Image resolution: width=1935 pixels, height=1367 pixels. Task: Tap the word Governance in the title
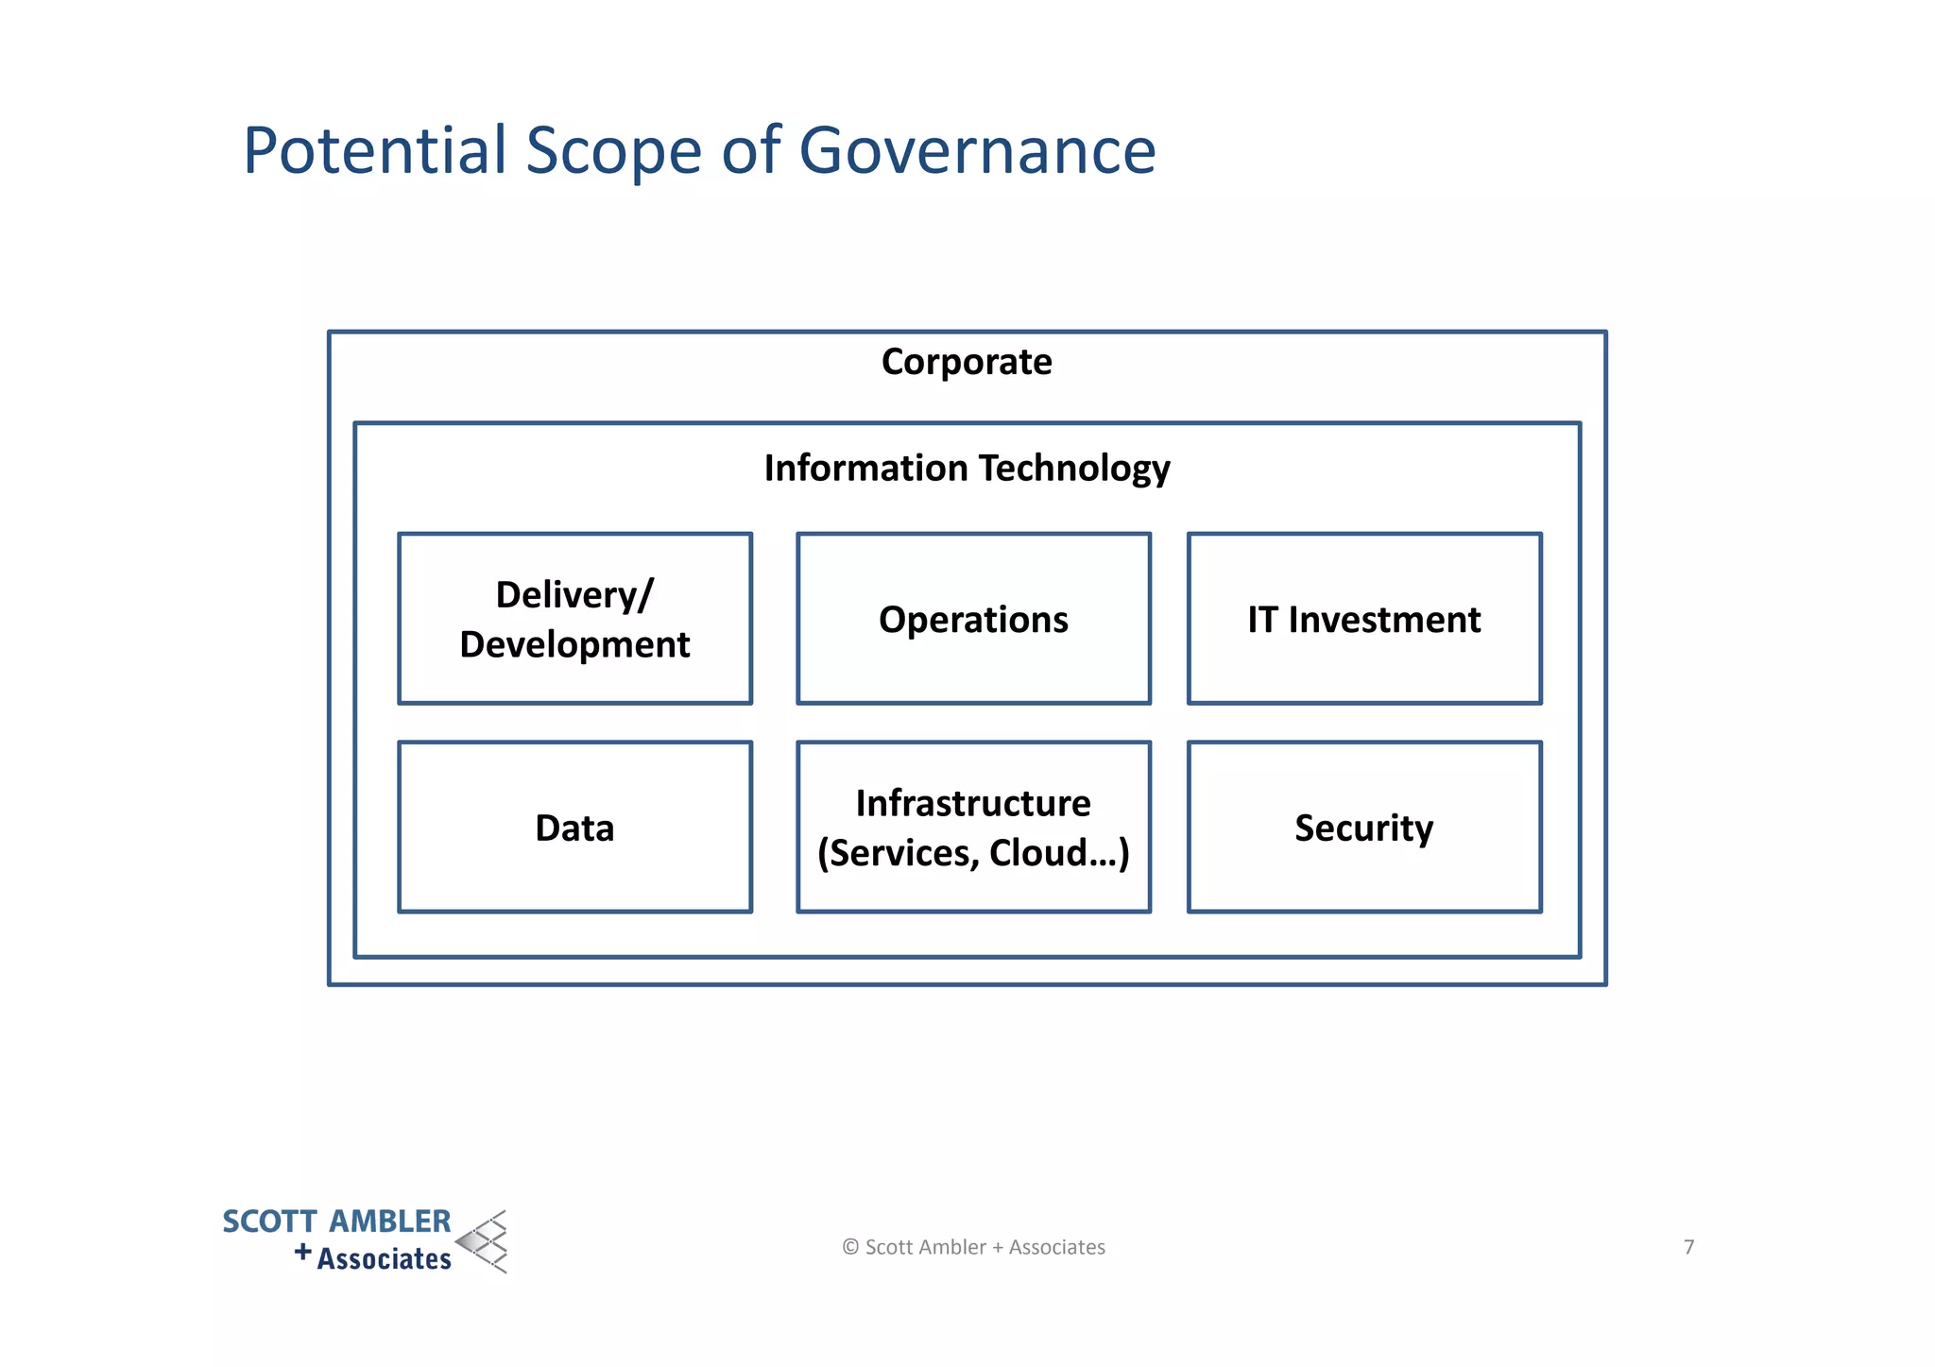[x=977, y=151]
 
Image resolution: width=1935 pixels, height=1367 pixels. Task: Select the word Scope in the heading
[x=613, y=151]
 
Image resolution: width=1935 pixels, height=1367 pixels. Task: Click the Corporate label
[x=967, y=362]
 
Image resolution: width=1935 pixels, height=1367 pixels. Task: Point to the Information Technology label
[x=967, y=469]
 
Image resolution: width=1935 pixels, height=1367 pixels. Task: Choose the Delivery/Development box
[x=574, y=619]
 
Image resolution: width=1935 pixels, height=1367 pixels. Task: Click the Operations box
[x=973, y=619]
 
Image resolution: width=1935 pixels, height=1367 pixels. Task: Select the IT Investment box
[x=1364, y=619]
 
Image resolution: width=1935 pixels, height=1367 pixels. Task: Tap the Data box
[x=574, y=828]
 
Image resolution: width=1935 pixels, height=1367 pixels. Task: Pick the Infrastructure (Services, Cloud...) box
[x=973, y=828]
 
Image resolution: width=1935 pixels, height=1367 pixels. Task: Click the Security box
[x=1364, y=828]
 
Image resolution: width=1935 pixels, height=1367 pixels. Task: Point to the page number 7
[x=1689, y=1247]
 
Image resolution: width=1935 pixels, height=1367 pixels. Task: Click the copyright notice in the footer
[x=973, y=1247]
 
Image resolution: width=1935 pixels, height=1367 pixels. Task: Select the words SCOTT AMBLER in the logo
[x=336, y=1222]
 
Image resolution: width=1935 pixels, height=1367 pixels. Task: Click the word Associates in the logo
[x=384, y=1259]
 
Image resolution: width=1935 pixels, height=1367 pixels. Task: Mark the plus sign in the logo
[x=302, y=1253]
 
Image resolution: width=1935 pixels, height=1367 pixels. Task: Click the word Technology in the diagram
[x=1074, y=469]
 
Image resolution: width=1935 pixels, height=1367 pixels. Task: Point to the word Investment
[x=1384, y=620]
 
